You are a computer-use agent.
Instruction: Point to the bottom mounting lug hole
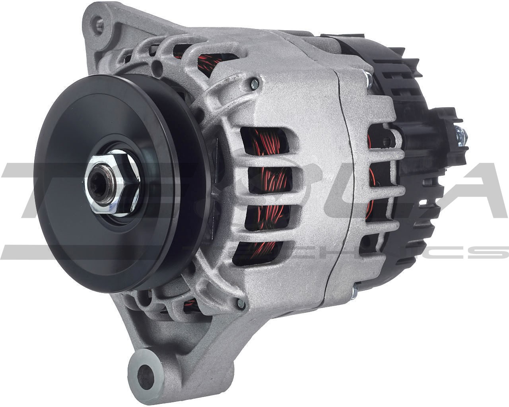tap(148, 372)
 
